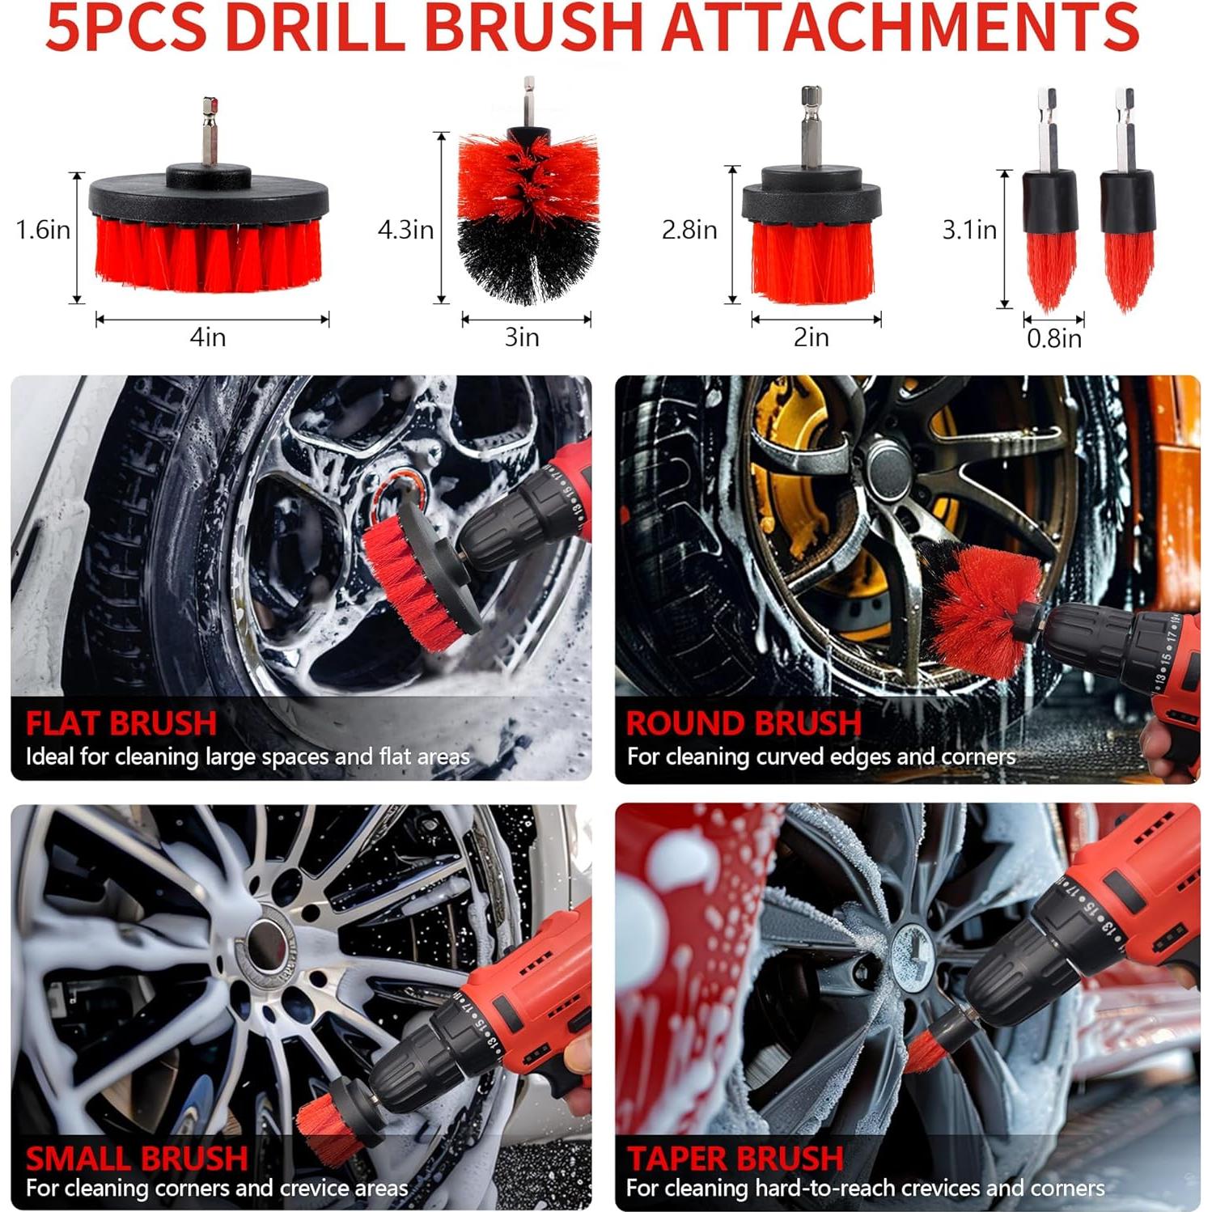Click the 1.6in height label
pyautogui.click(x=43, y=230)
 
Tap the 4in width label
pyautogui.click(x=208, y=337)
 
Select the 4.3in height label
pyautogui.click(x=405, y=230)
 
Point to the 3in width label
pyautogui.click(x=522, y=337)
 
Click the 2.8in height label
pyautogui.click(x=689, y=230)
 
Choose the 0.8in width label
pyautogui.click(x=1054, y=338)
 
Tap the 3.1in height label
pyautogui.click(x=969, y=230)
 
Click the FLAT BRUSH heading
pyautogui.click(x=121, y=723)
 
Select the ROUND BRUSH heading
pyautogui.click(x=744, y=723)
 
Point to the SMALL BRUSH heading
pyautogui.click(x=137, y=1158)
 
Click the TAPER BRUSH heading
pyautogui.click(x=735, y=1158)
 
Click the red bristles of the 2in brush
pyautogui.click(x=812, y=259)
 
